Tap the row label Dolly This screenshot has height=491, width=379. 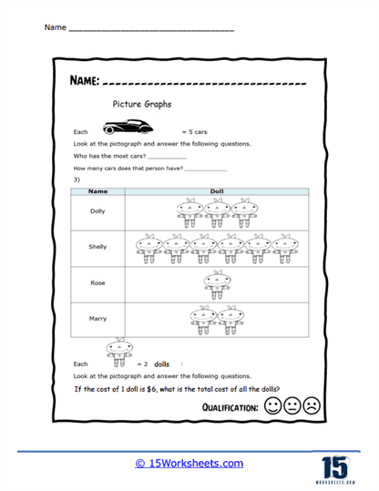click(x=97, y=210)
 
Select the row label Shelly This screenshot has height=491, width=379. click(x=97, y=247)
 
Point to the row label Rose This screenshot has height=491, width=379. click(x=97, y=283)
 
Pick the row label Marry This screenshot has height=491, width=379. click(x=97, y=319)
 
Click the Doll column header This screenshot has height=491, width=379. click(x=216, y=192)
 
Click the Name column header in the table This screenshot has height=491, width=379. click(x=97, y=192)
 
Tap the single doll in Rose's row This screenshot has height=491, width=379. click(x=215, y=282)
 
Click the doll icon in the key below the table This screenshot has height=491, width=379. click(x=116, y=353)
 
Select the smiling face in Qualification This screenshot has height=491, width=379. click(x=271, y=405)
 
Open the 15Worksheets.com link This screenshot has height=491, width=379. click(x=189, y=463)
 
